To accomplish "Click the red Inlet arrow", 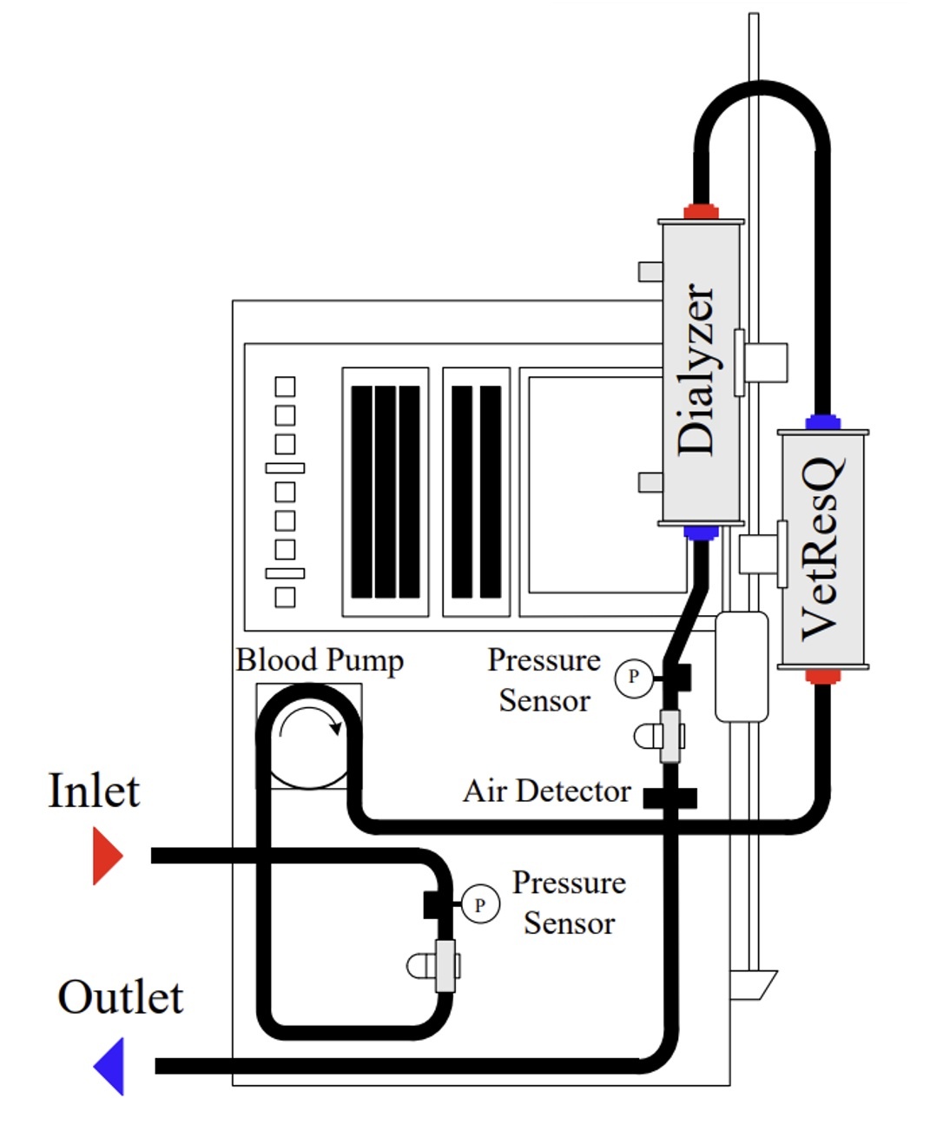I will [107, 856].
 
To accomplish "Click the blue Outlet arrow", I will [110, 1066].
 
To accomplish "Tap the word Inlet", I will [94, 791].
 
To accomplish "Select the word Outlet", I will [121, 997].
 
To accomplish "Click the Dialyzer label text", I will [696, 369].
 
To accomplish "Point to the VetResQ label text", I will [821, 549].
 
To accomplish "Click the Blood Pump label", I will [320, 660].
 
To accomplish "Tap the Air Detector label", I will [547, 791].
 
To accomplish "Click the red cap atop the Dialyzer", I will [701, 211].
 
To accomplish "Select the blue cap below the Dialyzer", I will [701, 533].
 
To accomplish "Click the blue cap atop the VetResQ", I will [822, 423].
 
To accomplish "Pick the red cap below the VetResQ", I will [822, 676].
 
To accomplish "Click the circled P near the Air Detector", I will [633, 677].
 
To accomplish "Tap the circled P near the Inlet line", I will [479, 904].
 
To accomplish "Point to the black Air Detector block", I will [669, 797].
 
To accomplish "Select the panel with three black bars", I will [386, 492].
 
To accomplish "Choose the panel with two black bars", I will [476, 492].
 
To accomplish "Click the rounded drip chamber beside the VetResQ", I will [741, 666].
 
